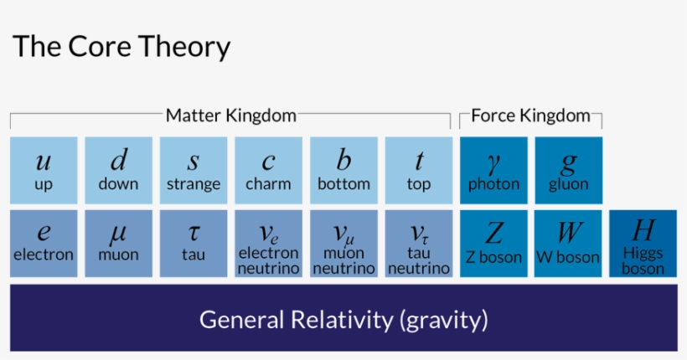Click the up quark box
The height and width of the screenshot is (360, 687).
coord(44,170)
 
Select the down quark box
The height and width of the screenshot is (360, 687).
coord(118,170)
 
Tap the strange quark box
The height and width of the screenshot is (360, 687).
coord(194,170)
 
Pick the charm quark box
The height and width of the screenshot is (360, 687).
coord(268,170)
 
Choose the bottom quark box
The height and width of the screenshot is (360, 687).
coord(343,170)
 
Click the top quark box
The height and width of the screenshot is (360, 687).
coord(418,170)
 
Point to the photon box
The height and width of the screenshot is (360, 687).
coord(493,170)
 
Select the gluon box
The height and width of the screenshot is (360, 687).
coord(568,170)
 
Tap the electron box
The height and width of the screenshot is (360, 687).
coord(44,244)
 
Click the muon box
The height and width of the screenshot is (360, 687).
coord(118,244)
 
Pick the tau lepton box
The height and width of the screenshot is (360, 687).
coord(194,244)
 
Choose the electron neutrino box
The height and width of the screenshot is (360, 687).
coord(268,244)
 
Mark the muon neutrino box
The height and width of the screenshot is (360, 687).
coord(343,244)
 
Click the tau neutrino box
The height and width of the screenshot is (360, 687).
coord(418,244)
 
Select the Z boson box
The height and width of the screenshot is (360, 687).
coord(493,244)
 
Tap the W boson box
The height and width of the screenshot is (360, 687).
coord(568,244)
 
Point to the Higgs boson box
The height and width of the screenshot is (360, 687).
coord(643,244)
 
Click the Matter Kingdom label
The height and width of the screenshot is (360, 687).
coord(230,116)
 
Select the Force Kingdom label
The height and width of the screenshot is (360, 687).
coord(530,116)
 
